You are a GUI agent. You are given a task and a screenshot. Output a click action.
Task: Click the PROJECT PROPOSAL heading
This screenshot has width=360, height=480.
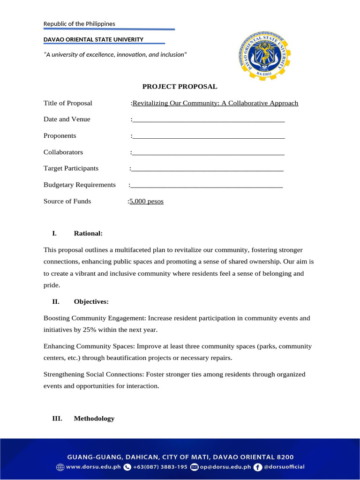tap(180, 86)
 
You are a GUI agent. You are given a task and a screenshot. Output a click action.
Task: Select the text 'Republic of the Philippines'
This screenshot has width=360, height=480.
tap(79, 24)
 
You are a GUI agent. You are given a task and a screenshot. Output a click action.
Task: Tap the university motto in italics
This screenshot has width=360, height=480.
tap(115, 55)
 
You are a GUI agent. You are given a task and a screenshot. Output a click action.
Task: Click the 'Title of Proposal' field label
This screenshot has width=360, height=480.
tap(68, 103)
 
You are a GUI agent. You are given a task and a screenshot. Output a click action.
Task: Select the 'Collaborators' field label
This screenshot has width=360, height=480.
tap(63, 152)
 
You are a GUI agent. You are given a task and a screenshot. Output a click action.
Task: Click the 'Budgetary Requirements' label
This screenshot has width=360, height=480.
tap(80, 185)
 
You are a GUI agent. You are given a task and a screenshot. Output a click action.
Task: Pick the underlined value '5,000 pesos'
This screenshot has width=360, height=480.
tap(147, 202)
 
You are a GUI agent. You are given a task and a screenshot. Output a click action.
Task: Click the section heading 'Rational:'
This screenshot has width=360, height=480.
tap(88, 233)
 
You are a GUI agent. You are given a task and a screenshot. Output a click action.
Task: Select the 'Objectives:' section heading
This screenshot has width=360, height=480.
tap(91, 301)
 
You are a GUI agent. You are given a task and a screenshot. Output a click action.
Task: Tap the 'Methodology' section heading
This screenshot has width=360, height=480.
tap(94, 418)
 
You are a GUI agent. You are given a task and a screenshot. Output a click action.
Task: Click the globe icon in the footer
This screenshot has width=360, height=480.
tap(60, 467)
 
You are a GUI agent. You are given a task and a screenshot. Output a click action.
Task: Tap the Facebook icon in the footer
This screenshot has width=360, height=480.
tap(258, 467)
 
